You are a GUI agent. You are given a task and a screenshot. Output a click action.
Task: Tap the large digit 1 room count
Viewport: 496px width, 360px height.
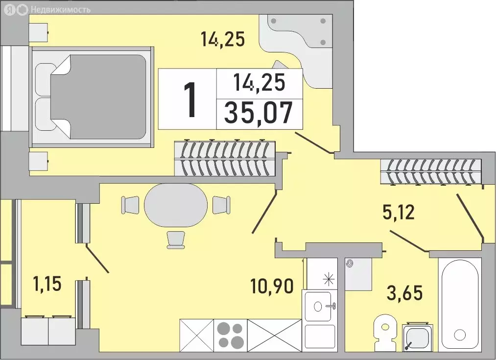190,99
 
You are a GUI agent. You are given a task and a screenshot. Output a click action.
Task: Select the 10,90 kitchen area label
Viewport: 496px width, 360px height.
272,286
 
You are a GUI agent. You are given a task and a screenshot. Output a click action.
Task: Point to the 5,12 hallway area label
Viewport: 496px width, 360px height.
398,212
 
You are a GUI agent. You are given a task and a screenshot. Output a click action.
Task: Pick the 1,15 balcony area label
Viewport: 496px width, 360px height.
47,284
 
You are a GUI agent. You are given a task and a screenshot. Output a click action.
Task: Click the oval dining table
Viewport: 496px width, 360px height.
176,205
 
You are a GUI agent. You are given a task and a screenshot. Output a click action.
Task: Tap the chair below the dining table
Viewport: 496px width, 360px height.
176,240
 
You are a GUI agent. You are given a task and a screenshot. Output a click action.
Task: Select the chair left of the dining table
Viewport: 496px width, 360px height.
130,205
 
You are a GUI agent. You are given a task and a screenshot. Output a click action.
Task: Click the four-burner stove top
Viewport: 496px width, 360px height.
231,335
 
